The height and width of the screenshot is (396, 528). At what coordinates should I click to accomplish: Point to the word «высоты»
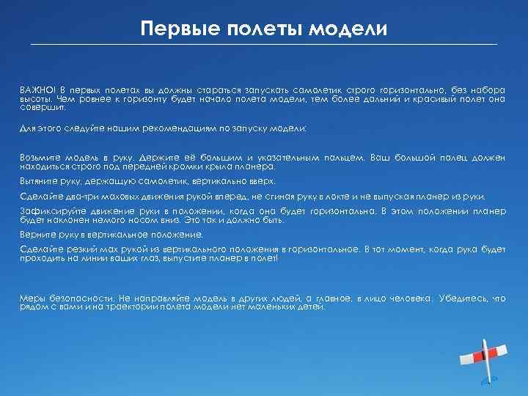pyautogui.click(x=35, y=98)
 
